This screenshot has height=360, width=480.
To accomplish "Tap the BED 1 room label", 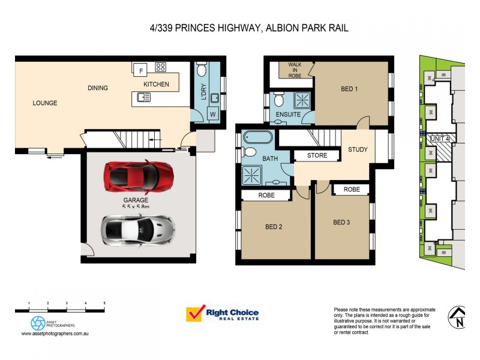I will tap(349, 89).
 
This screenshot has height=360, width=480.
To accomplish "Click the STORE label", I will tap(317, 155).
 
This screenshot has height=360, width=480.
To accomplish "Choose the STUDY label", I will tap(358, 149).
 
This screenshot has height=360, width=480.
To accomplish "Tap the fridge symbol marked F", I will tap(141, 71).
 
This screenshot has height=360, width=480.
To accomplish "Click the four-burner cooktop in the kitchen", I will tap(161, 67).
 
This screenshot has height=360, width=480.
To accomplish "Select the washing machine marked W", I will tap(212, 113).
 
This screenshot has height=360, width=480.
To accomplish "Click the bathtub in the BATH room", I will tap(258, 139).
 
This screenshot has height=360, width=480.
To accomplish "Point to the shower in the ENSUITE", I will tap(301, 99).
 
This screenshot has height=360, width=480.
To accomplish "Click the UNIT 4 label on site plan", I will tap(443, 139).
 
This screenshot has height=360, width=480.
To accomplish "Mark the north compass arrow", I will tap(458, 316).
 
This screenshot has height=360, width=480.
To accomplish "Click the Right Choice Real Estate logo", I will tap(222, 314).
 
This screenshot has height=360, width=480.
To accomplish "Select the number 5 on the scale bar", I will tap(105, 303).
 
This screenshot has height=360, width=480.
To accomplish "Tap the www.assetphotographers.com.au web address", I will tap(55, 333).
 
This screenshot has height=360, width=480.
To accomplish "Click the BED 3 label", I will tap(341, 223).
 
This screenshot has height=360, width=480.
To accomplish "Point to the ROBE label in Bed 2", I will tap(266, 195).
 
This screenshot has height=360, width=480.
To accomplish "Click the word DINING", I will tap(98, 88).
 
